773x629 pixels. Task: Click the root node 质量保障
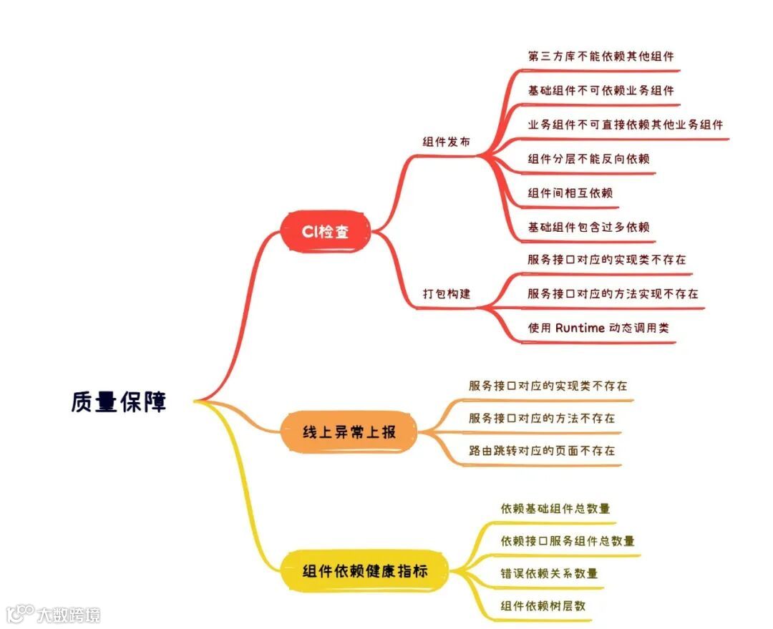pos(119,401)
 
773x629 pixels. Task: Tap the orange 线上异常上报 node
pos(349,431)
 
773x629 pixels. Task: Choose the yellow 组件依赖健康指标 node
pos(365,570)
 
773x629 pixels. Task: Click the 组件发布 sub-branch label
pos(447,142)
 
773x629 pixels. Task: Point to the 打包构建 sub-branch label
pos(447,293)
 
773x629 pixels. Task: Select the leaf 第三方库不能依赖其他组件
pos(601,57)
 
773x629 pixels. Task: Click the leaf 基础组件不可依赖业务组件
pos(601,91)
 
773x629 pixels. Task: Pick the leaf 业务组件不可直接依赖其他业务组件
pos(625,125)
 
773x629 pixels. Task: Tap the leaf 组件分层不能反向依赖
pos(588,159)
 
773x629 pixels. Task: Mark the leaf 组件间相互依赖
pos(570,193)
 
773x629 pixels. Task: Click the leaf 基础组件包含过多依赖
pos(588,228)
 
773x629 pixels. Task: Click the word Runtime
pos(579,328)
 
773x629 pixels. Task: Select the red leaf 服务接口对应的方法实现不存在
pos(613,294)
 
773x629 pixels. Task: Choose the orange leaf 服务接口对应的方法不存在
pos(542,418)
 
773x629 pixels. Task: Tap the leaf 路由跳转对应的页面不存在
pos(542,451)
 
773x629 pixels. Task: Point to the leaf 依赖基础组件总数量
pos(555,509)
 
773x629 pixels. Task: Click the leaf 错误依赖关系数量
pos(549,573)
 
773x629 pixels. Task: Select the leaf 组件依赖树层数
pos(543,605)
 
